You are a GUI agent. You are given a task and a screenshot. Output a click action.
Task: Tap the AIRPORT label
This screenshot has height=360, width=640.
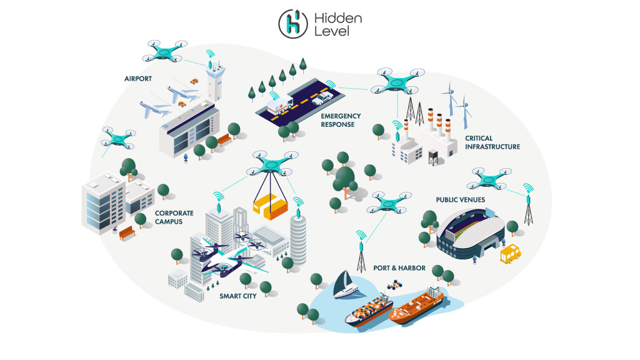pyautogui.click(x=139, y=79)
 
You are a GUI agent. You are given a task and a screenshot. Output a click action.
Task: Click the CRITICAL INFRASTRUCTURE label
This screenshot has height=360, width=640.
pyautogui.click(x=492, y=142)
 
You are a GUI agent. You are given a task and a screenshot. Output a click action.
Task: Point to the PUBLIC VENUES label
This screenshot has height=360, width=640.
pyautogui.click(x=461, y=200)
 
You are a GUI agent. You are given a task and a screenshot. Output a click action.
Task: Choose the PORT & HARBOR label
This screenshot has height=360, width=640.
pyautogui.click(x=399, y=268)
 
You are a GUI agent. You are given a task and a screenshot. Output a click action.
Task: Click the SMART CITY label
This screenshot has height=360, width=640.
pyautogui.click(x=237, y=296)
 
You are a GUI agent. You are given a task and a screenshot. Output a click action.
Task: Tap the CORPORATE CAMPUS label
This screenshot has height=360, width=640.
pyautogui.click(x=174, y=217)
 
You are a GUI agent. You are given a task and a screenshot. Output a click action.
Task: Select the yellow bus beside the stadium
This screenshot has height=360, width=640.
pyautogui.click(x=510, y=254)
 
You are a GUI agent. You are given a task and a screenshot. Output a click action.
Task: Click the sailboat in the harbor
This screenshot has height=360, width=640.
pyautogui.click(x=345, y=286)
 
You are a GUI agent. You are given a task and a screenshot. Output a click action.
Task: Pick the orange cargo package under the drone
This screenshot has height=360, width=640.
pyautogui.click(x=271, y=207)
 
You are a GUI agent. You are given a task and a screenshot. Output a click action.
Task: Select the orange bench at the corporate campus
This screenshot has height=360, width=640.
pyautogui.click(x=127, y=233)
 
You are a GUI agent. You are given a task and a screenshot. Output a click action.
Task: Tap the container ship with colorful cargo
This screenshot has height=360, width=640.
pyautogui.click(x=369, y=310)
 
